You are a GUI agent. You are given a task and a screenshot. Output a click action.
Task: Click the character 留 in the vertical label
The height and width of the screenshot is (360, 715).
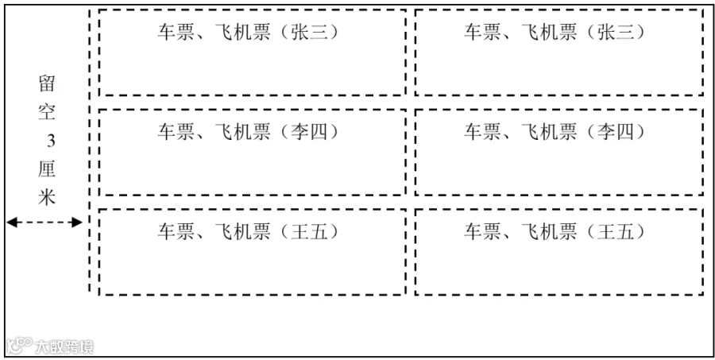tap(47, 83)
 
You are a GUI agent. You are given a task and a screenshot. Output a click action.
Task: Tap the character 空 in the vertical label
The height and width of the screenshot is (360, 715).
tap(47, 112)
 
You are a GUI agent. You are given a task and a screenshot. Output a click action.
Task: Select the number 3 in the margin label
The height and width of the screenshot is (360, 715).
tap(51, 141)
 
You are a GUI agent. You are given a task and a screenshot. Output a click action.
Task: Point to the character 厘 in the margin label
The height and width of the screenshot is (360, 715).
tap(47, 170)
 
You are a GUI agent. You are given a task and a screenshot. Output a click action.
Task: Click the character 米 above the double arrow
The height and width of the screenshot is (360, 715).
tap(47, 198)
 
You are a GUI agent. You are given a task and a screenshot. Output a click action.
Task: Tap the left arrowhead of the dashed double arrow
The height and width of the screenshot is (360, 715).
tap(11, 223)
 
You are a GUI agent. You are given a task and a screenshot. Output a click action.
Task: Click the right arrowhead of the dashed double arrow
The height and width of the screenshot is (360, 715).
tap(77, 223)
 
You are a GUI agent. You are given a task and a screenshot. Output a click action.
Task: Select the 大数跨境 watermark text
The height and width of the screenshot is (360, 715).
tap(64, 347)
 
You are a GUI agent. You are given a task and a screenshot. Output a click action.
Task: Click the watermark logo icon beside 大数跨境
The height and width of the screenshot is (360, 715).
tap(20, 346)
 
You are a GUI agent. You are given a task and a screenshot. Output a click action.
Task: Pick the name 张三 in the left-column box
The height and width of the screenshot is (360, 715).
tap(310, 33)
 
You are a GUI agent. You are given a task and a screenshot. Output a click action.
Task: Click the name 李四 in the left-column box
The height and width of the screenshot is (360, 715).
tap(310, 133)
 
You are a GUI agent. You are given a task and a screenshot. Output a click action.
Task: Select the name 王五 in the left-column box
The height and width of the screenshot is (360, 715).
tap(310, 232)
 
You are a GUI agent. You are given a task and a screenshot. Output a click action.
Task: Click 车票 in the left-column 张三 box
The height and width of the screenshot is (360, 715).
tap(176, 33)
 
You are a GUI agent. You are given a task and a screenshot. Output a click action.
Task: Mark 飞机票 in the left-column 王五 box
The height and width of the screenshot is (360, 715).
tap(242, 232)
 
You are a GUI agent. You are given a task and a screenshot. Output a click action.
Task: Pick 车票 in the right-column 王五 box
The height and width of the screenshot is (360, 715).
tap(482, 232)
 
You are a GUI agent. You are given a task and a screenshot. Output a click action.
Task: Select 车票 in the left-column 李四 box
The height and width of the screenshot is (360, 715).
tap(176, 133)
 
